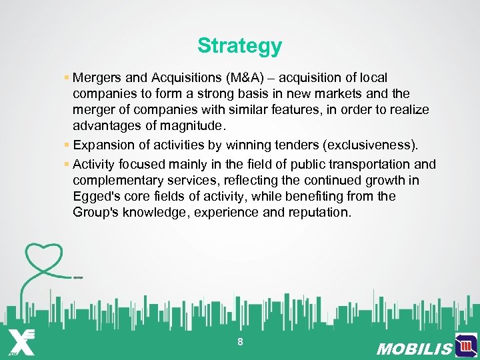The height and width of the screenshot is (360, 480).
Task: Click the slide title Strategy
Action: coord(239,46)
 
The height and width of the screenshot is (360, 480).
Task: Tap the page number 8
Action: coord(240,342)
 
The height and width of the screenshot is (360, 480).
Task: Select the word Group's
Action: coord(96,212)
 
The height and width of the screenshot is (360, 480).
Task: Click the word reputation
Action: coord(317,212)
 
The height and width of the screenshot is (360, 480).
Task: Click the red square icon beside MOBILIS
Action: coord(466,345)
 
